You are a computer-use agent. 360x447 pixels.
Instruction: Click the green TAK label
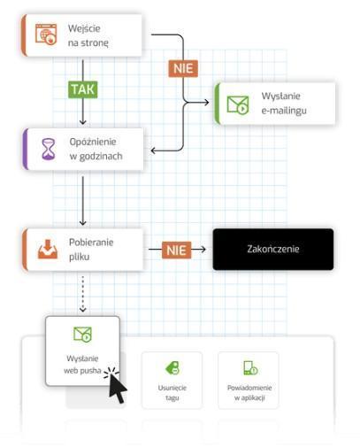point(83,89)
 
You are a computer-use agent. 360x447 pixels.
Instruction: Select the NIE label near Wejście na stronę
point(183,68)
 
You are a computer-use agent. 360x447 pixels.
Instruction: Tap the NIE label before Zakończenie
point(176,250)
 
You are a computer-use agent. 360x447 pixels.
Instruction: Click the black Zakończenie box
point(273,249)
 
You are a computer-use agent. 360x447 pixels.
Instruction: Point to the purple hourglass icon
point(49,149)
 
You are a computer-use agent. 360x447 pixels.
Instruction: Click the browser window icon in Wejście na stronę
point(46,35)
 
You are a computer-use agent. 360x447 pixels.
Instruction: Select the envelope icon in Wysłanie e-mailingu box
point(238,104)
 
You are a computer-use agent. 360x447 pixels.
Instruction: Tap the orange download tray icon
point(48,250)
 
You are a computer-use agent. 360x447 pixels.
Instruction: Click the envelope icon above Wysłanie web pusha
point(82,334)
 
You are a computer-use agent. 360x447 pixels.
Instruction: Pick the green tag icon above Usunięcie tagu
point(172,368)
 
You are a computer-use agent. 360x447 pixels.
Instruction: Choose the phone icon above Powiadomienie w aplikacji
point(250,368)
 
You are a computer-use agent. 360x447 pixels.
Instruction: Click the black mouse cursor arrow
point(118,388)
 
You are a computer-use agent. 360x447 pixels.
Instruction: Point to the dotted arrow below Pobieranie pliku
point(83,294)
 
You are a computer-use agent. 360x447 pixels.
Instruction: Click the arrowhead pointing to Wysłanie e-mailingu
point(205,103)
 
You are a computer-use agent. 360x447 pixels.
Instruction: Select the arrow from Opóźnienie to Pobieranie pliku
point(83,201)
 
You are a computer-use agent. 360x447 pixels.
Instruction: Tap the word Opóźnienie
point(93,142)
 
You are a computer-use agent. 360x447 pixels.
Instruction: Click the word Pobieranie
point(91,243)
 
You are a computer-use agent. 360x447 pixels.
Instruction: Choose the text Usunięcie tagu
point(172,393)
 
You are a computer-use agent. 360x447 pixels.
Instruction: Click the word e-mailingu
point(284,111)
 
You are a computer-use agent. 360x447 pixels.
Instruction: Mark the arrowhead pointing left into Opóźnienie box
point(154,150)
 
